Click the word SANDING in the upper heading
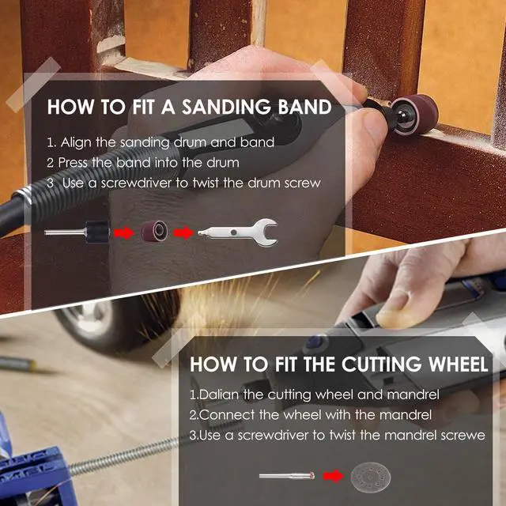(x=226, y=107)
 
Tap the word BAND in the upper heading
(x=304, y=107)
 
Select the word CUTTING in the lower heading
(x=381, y=364)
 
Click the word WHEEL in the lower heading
(x=458, y=364)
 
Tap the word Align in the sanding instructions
(x=76, y=142)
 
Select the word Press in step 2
(x=73, y=162)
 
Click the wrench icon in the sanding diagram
(x=238, y=232)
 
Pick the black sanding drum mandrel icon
(x=77, y=232)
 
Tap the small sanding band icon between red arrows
(x=154, y=232)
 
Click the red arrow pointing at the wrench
(x=183, y=232)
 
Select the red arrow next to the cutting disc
(x=334, y=476)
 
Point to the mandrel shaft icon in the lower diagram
(x=286, y=476)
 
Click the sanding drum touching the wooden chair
(x=414, y=115)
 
